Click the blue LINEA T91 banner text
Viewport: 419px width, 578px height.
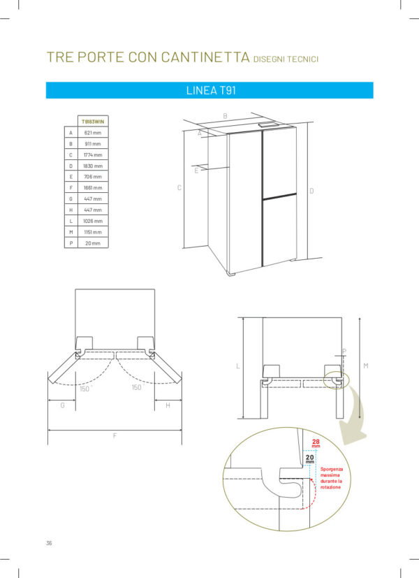click(209, 90)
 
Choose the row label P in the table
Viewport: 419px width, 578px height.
click(71, 243)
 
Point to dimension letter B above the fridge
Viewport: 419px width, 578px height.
click(225, 116)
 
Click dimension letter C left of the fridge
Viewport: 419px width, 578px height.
click(179, 187)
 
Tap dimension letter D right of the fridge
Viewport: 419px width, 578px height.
click(311, 191)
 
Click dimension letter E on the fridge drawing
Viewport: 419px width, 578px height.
click(196, 170)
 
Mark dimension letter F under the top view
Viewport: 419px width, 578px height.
click(115, 435)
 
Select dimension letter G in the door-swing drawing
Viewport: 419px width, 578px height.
click(62, 405)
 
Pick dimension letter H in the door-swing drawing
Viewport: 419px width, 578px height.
click(168, 405)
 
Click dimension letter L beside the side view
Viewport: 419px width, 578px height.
click(238, 366)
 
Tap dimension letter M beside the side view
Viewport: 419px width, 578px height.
click(365, 366)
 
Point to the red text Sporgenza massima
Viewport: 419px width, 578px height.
click(332, 474)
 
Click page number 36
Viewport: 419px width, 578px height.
click(49, 543)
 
